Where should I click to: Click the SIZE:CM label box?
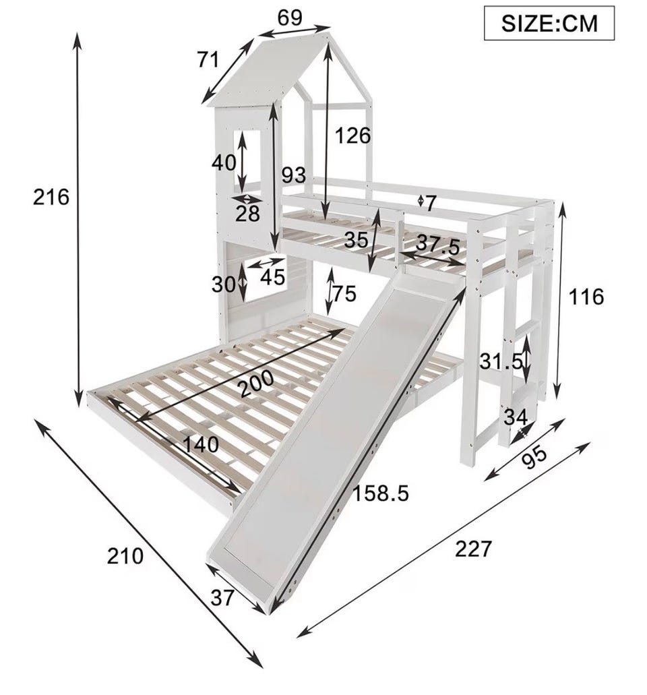coord(549,23)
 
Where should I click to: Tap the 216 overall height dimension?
coord(51,198)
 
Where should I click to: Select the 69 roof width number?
coord(290,18)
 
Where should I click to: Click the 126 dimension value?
coord(352,135)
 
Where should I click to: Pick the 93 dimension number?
coord(295,175)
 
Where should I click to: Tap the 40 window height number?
coord(224,162)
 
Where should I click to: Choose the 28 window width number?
coord(247,214)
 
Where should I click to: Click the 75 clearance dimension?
coord(344,293)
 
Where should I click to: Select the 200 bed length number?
coord(256,383)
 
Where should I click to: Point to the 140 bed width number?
coord(201,444)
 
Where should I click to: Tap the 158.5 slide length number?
coord(381,493)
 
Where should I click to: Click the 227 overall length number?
coord(473,549)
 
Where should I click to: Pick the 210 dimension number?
coord(125,556)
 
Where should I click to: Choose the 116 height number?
coord(586,297)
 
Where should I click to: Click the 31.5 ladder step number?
coord(501,362)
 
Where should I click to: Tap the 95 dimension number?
coord(533,458)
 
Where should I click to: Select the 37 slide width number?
coord(222,599)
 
